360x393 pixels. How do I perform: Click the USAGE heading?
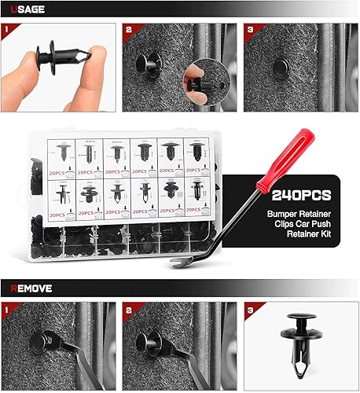[x=28, y=9]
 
